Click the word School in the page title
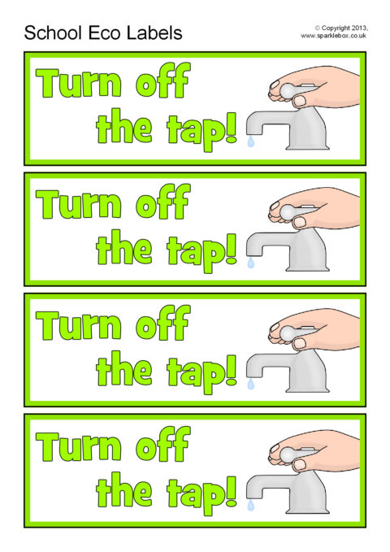54,33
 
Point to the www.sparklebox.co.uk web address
333,36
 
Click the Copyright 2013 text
340,28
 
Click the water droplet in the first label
250,141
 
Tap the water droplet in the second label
250,263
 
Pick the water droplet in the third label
250,384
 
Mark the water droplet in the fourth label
250,505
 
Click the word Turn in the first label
79,83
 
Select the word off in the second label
163,201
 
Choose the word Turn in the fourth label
79,447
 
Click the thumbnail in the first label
301,101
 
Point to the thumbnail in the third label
301,343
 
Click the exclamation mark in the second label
231,249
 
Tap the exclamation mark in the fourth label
231,492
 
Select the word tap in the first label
195,131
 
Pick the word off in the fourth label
163,444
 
